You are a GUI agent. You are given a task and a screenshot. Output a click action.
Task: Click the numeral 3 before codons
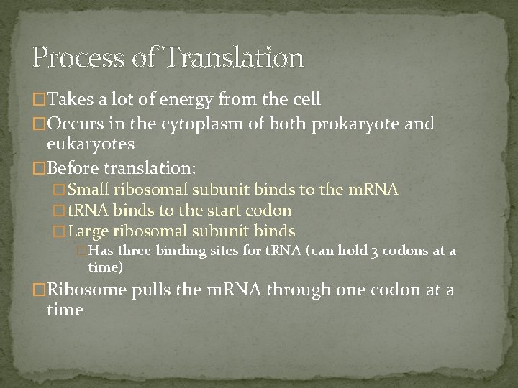point(383,251)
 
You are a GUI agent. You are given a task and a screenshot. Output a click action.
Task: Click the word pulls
point(151,290)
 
